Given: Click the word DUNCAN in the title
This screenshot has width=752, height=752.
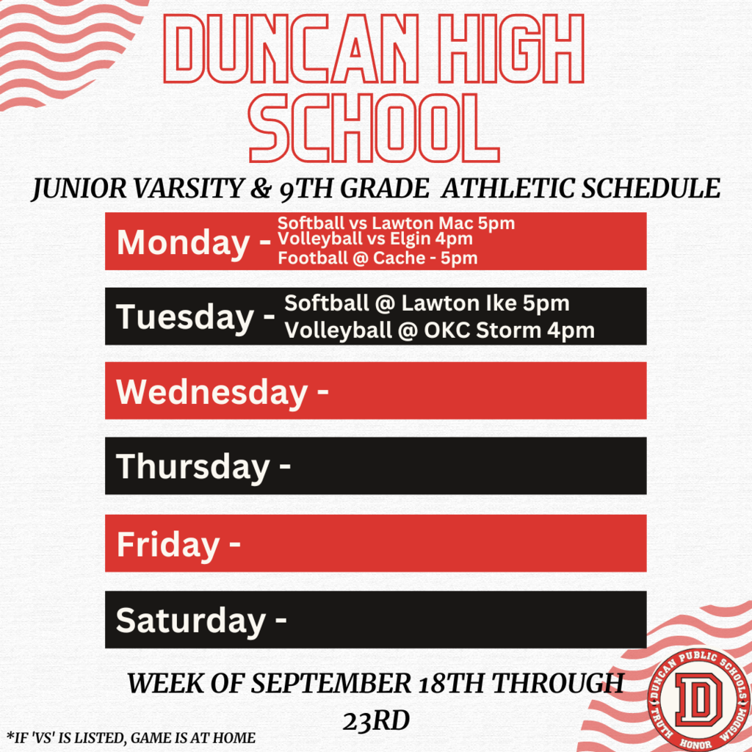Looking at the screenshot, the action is click(x=292, y=48).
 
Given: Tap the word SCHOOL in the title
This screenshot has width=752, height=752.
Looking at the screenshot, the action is click(x=375, y=128).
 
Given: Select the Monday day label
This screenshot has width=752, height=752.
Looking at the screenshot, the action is click(x=183, y=243).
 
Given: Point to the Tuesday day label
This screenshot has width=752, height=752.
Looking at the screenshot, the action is click(x=185, y=318).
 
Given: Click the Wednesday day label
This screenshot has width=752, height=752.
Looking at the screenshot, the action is click(x=211, y=393).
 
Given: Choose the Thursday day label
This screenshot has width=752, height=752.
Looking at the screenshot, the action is click(x=193, y=468).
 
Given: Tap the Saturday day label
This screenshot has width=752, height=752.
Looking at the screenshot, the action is click(x=190, y=621).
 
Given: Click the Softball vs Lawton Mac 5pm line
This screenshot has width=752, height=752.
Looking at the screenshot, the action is click(x=396, y=223).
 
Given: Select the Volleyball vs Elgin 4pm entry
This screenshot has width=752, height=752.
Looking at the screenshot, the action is click(x=375, y=239).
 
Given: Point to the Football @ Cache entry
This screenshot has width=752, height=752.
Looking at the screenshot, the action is click(x=377, y=258).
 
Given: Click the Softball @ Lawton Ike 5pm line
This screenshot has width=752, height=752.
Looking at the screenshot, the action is click(x=427, y=303).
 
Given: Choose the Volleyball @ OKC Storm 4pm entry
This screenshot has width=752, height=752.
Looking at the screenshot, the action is click(x=439, y=330).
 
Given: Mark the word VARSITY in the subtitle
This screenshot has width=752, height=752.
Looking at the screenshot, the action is click(x=189, y=188).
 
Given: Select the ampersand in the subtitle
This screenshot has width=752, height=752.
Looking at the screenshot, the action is click(x=261, y=189).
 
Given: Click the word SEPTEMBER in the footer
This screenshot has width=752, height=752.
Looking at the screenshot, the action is click(x=331, y=683).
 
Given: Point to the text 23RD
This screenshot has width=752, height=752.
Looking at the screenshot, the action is click(x=376, y=720).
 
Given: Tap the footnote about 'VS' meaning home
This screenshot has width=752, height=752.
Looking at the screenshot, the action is click(x=131, y=737).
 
